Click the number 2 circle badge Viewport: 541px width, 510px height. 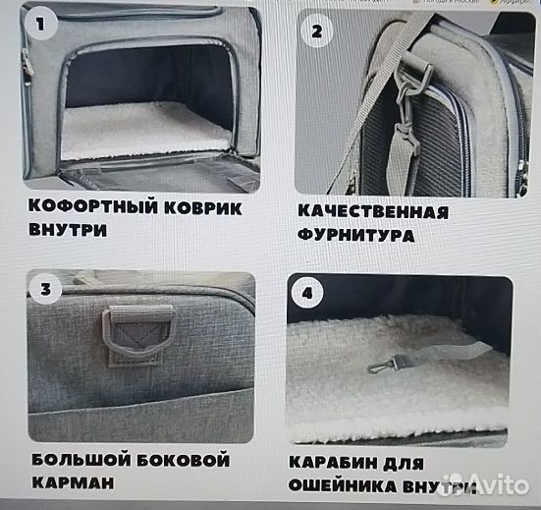click(316, 31)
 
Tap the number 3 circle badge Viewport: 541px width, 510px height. click(45, 291)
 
